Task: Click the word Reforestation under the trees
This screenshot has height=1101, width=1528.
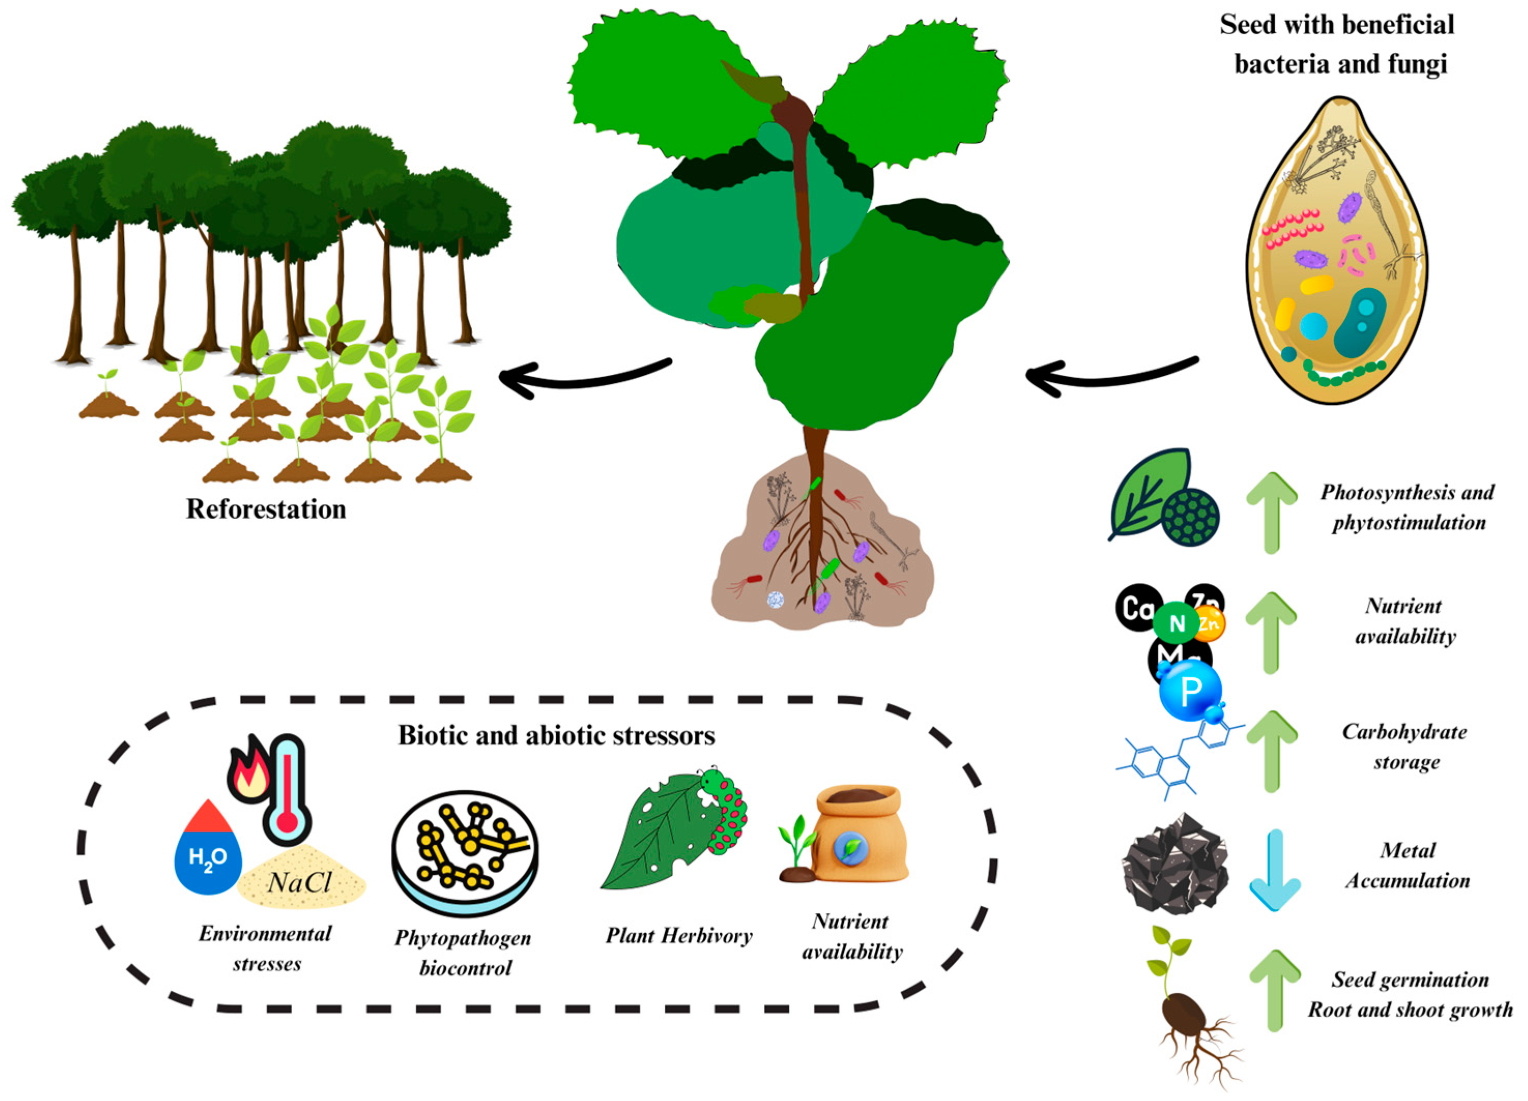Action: (x=266, y=510)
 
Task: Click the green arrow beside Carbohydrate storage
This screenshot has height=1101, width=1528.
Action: (x=1271, y=751)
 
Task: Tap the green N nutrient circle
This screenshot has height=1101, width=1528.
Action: (x=1176, y=623)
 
